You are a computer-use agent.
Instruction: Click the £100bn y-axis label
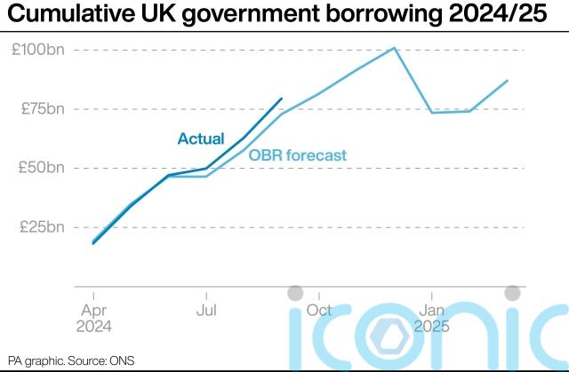tap(38, 50)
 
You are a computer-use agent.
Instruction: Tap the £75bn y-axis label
tap(42, 109)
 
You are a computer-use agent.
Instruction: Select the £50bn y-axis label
tap(42, 168)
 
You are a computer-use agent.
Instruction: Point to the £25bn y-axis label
tap(42, 226)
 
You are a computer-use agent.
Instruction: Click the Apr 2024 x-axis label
tap(93, 318)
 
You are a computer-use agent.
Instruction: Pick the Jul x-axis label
tap(206, 310)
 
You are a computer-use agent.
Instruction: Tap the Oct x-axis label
tap(319, 310)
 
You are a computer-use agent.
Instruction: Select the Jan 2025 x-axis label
tap(432, 318)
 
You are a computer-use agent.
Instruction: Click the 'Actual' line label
tap(201, 139)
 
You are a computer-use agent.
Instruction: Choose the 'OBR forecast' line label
tap(297, 155)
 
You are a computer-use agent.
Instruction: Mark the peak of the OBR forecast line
tap(394, 48)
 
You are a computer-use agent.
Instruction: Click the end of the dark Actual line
tap(282, 99)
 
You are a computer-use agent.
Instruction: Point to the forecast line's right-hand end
tap(508, 81)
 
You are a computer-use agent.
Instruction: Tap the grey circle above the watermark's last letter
tap(512, 293)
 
